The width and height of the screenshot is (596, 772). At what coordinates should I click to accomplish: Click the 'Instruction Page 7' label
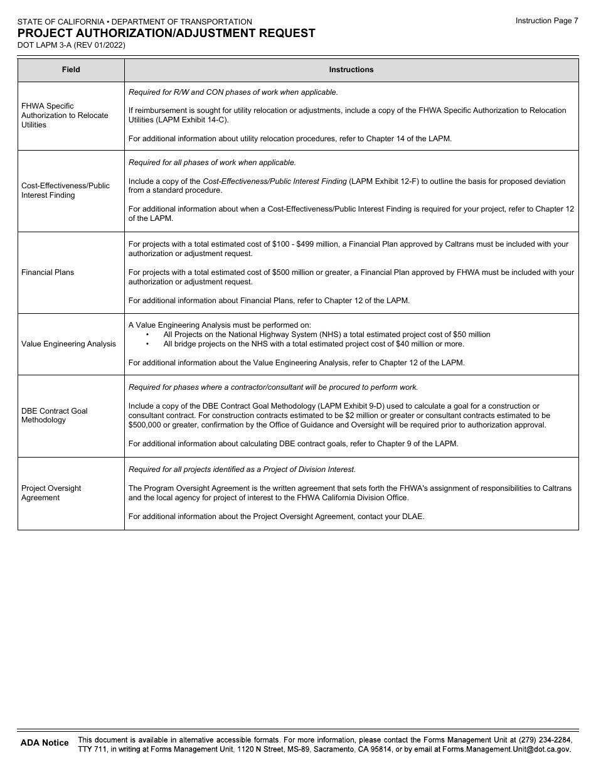tap(546, 21)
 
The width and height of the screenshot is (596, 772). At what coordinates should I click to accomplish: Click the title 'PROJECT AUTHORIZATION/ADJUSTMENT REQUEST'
tap(166, 33)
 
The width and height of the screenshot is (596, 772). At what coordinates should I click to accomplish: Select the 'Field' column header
tap(71, 70)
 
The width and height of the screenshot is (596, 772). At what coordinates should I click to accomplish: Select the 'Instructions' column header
tap(351, 70)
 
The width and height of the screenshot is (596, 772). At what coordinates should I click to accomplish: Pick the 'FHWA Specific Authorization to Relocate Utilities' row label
tap(65, 115)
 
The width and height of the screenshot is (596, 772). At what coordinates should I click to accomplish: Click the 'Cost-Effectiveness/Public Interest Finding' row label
tap(65, 190)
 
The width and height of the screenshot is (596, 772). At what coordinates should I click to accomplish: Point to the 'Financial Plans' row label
tap(48, 272)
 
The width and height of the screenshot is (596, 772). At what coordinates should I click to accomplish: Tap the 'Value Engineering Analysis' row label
tap(68, 344)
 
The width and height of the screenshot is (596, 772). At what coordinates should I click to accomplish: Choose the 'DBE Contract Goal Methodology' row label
tap(55, 415)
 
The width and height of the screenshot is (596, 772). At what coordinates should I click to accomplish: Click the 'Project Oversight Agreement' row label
tap(51, 493)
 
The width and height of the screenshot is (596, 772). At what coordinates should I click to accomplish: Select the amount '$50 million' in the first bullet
tap(471, 335)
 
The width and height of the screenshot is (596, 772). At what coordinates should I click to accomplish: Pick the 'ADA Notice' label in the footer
tap(45, 743)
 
